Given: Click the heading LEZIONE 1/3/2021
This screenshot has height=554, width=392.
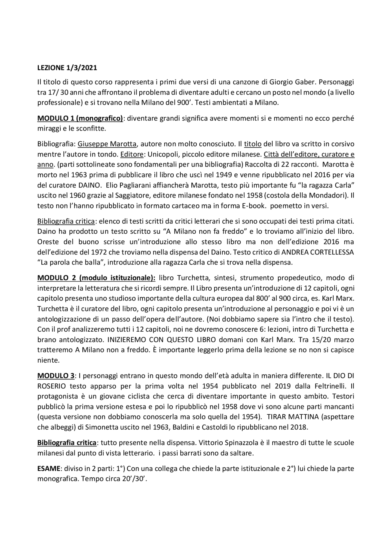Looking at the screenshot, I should coord(67,68).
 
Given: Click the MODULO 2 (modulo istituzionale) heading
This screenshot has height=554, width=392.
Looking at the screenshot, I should coord(96,278).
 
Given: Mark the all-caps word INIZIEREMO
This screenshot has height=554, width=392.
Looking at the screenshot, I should coord(125,340).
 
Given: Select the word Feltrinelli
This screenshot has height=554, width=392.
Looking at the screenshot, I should coord(327,386).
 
